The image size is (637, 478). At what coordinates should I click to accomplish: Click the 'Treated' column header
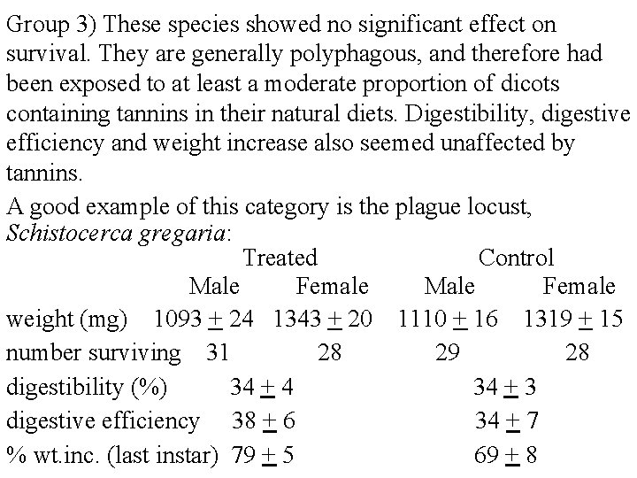tap(280, 258)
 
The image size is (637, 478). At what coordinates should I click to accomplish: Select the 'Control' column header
tap(516, 258)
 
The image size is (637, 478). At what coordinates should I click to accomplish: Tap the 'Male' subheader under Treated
tap(214, 286)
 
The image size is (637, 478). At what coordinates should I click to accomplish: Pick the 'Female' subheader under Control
tap(579, 286)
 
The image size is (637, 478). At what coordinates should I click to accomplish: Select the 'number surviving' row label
tap(92, 352)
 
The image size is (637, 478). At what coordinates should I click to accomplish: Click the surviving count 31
tap(218, 352)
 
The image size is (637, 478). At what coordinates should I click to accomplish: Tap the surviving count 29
tap(448, 352)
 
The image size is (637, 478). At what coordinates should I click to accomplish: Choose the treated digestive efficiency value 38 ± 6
tap(263, 421)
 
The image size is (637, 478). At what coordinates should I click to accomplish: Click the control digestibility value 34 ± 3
tap(506, 387)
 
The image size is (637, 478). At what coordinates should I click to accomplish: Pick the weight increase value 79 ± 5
tap(263, 456)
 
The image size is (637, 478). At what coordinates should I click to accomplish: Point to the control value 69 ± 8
tap(506, 456)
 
